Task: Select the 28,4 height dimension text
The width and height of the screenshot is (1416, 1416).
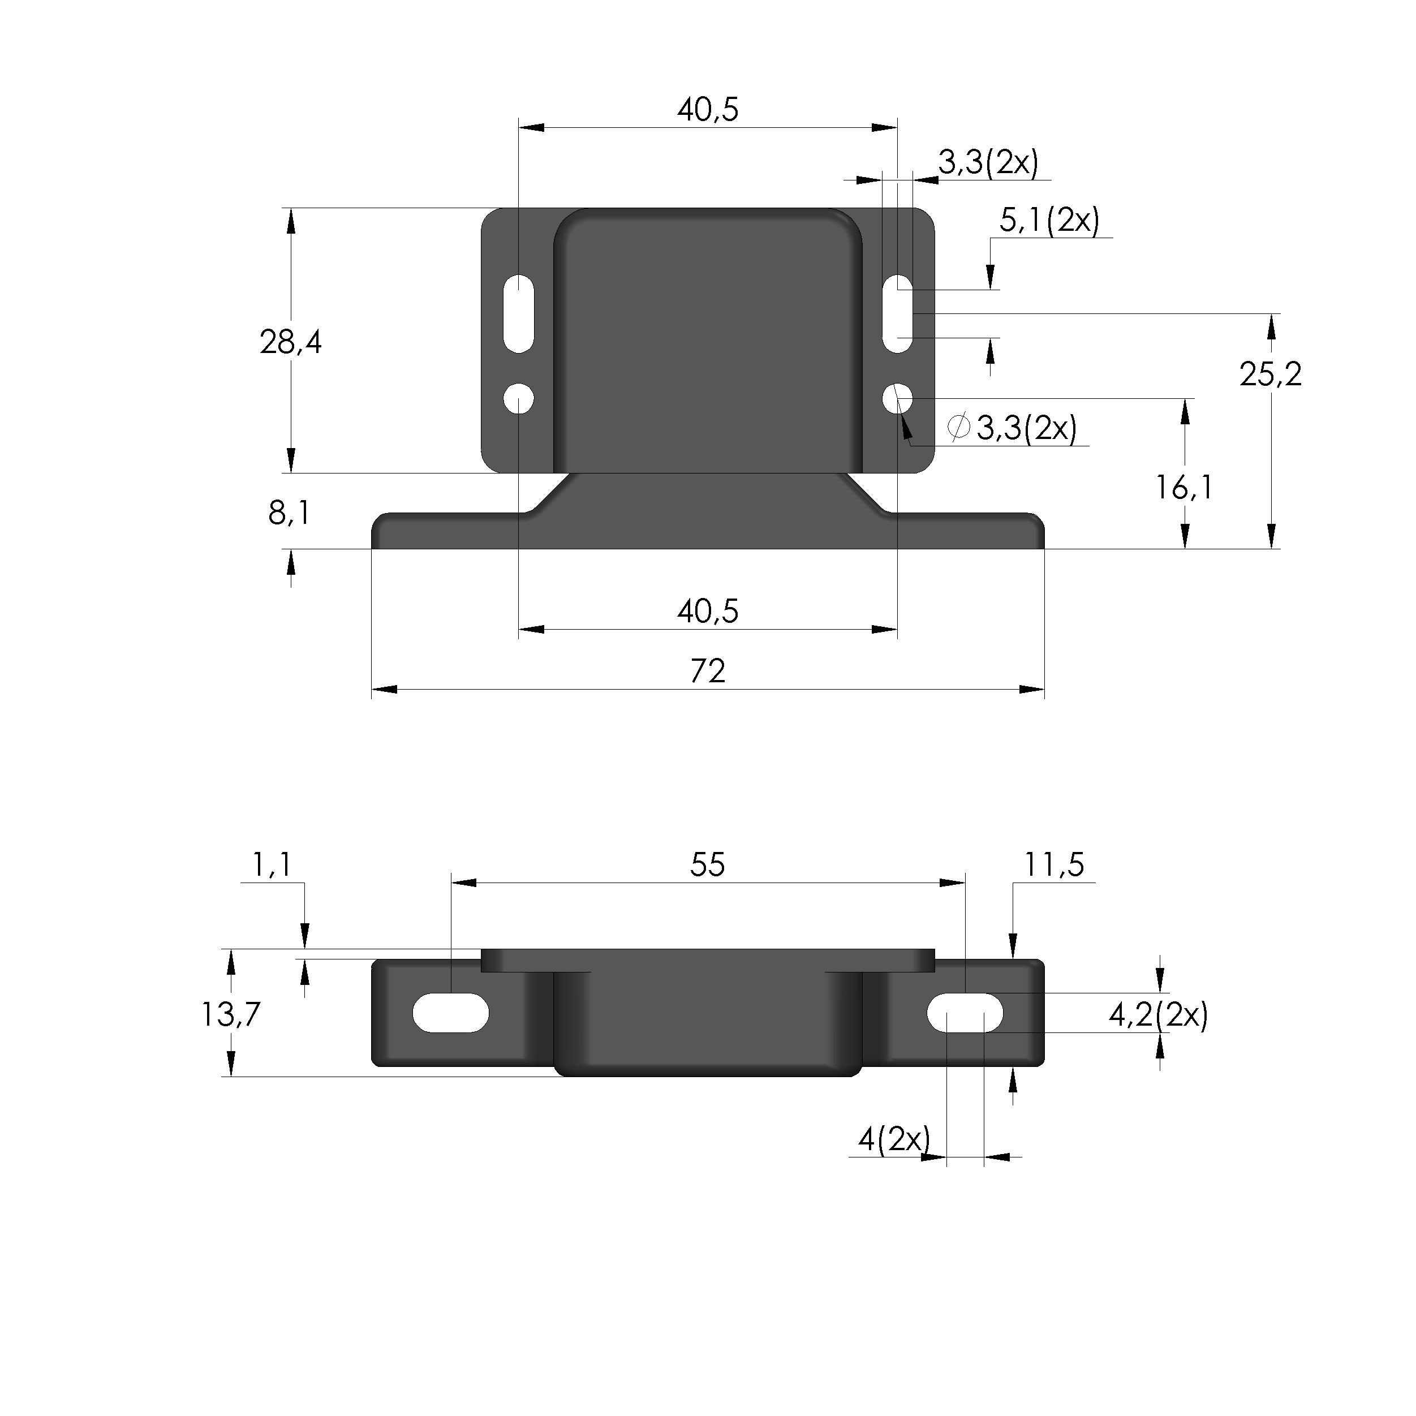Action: (290, 342)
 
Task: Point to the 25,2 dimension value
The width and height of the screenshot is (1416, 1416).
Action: (1270, 375)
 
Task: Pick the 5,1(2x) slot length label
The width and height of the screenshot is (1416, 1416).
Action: (1049, 220)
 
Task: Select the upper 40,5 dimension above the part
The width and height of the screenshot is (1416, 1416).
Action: (707, 110)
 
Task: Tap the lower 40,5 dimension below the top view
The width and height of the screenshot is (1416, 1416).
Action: (707, 611)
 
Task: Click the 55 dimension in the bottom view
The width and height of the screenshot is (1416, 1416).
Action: (707, 865)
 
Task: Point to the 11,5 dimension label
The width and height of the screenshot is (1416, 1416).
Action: (1053, 865)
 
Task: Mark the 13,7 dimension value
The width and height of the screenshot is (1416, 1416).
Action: (230, 1014)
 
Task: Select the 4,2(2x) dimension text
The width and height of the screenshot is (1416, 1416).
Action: (1158, 1015)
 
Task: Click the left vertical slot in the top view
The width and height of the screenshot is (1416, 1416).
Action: (519, 313)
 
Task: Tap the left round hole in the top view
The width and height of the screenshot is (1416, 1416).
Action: (519, 399)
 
